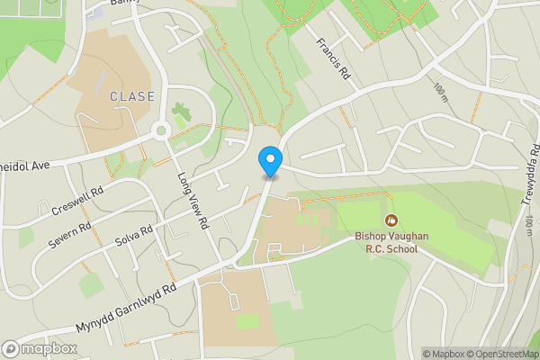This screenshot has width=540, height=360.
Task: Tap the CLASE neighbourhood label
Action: (x=132, y=96)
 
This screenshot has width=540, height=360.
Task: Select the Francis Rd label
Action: (x=332, y=61)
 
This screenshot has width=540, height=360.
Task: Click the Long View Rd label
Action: (x=193, y=201)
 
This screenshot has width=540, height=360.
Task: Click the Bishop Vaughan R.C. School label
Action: (x=384, y=243)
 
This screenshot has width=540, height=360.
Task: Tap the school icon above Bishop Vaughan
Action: (x=391, y=220)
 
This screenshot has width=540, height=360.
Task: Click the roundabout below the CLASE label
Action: (x=162, y=130)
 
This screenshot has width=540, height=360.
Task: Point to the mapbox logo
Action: (x=39, y=349)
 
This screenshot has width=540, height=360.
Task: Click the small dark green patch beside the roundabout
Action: (x=183, y=114)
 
